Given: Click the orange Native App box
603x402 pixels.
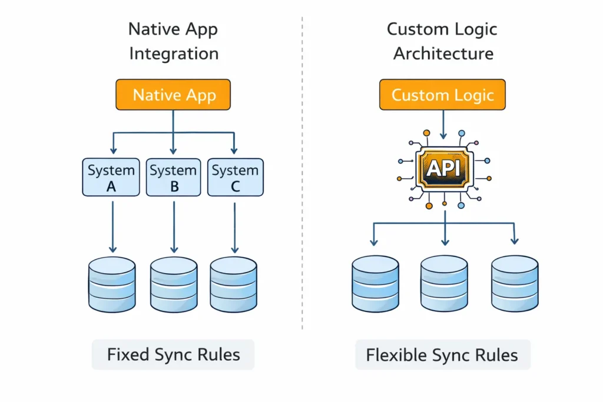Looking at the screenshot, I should pyautogui.click(x=173, y=95).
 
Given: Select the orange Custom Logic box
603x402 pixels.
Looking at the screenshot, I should pyautogui.click(x=442, y=95).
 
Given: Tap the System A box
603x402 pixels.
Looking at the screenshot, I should pyautogui.click(x=111, y=177).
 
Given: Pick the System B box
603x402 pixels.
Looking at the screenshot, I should pyautogui.click(x=173, y=177).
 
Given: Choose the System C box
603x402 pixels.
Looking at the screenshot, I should pyautogui.click(x=235, y=177).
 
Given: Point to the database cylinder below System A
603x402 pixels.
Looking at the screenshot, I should pyautogui.click(x=112, y=284).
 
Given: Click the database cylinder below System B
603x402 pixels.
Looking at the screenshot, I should pyautogui.click(x=174, y=284).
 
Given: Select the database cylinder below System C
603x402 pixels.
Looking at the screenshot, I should pyautogui.click(x=234, y=284).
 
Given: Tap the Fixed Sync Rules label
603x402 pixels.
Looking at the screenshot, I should pyautogui.click(x=173, y=355).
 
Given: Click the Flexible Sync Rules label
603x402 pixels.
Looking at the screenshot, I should pyautogui.click(x=442, y=356).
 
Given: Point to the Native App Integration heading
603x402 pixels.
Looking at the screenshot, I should pyautogui.click(x=173, y=41).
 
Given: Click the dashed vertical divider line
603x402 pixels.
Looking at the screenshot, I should pyautogui.click(x=302, y=177).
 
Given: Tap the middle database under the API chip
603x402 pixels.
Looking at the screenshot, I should pyautogui.click(x=445, y=284).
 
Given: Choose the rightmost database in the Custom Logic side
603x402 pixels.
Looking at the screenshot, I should pyautogui.click(x=515, y=284).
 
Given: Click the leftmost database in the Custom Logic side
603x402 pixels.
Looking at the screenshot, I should pyautogui.click(x=375, y=284).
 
